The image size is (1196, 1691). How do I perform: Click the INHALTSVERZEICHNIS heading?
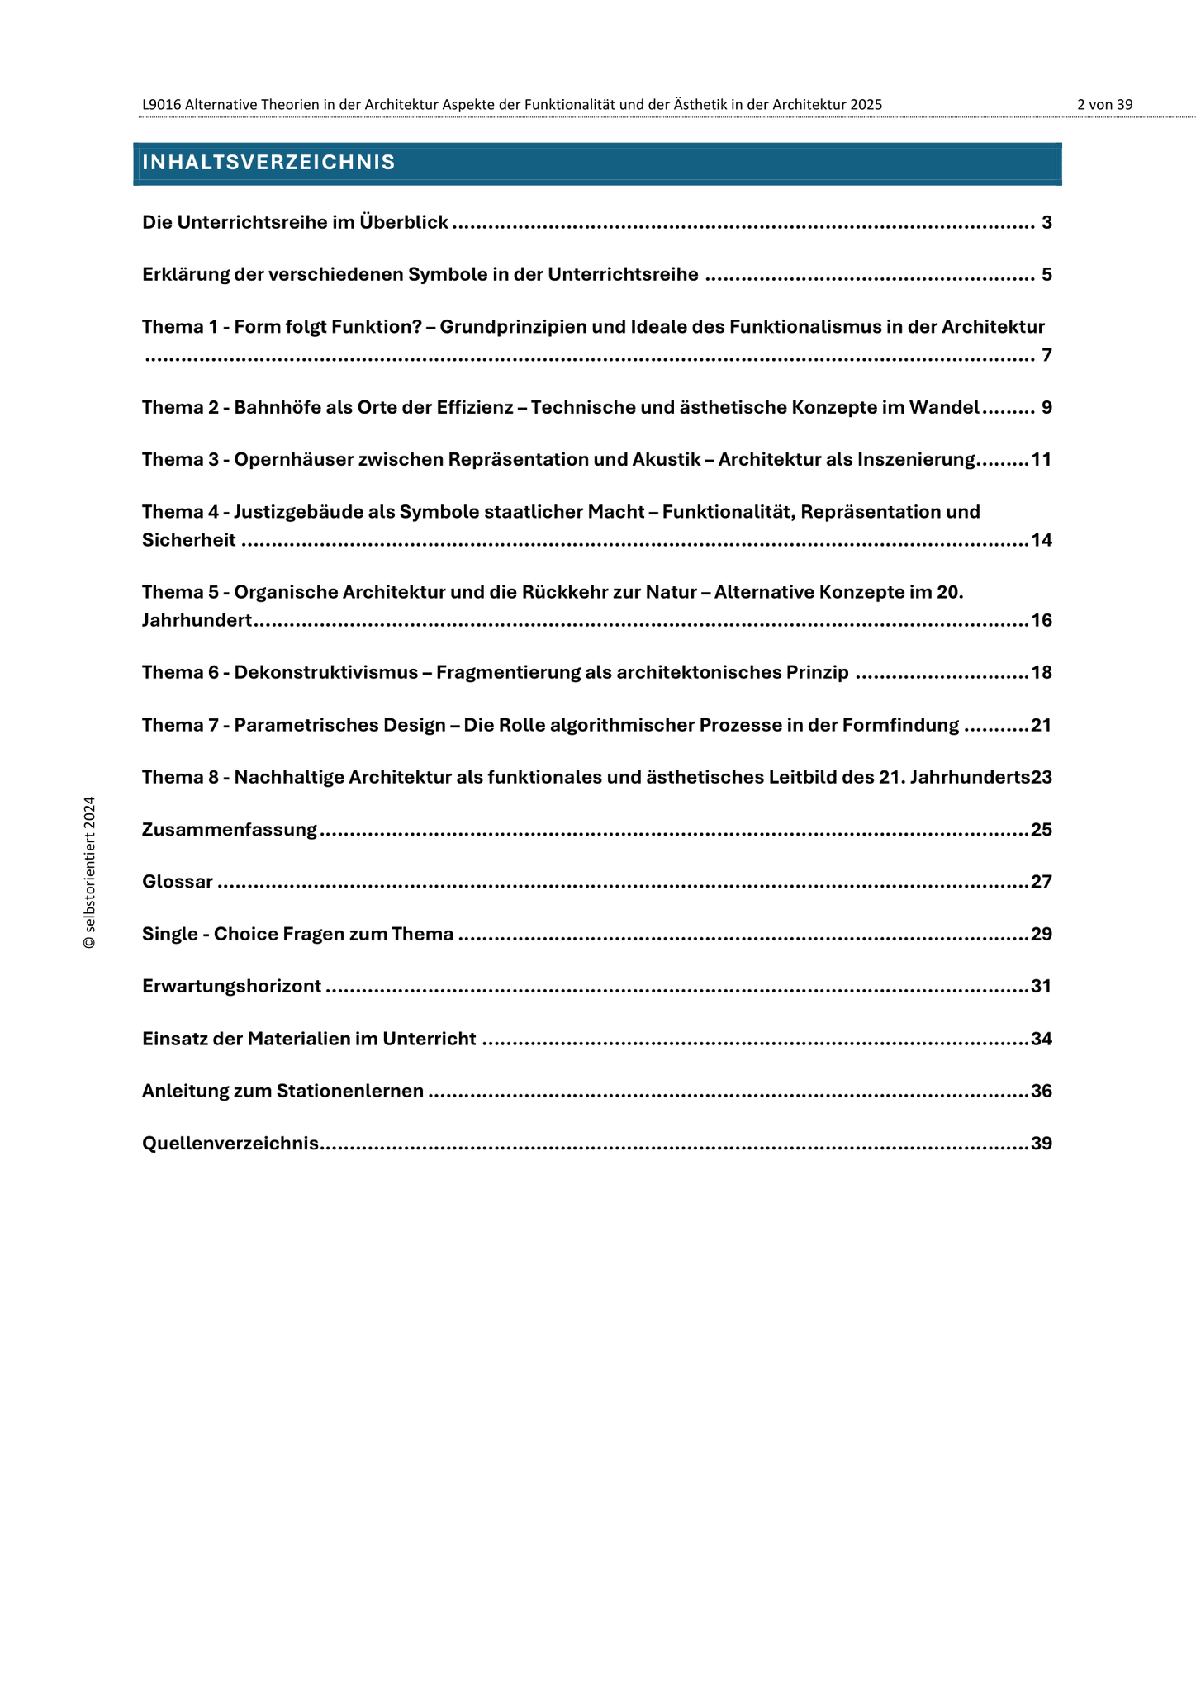point(268,163)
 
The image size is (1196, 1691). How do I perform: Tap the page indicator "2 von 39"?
point(1104,105)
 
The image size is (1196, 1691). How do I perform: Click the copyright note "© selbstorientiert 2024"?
point(90,873)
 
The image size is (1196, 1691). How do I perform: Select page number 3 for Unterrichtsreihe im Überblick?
point(1046,222)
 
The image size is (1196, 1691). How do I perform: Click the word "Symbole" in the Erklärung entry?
point(447,274)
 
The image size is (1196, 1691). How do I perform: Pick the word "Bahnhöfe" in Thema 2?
point(273,407)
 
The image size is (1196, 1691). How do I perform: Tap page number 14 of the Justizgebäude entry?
point(1042,540)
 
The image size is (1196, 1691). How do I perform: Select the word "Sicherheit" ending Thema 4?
point(188,540)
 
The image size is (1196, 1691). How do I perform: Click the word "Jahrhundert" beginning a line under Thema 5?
point(197,620)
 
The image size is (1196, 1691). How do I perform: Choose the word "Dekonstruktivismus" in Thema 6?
point(326,672)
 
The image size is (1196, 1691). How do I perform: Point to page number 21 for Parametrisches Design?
point(1042,725)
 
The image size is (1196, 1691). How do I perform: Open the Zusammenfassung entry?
point(230,829)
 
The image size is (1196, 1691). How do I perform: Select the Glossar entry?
point(178,882)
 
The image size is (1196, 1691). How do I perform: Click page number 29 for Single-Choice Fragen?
point(1042,934)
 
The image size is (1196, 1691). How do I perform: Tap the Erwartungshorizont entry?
point(232,986)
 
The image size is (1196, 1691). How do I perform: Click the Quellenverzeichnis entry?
point(230,1144)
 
